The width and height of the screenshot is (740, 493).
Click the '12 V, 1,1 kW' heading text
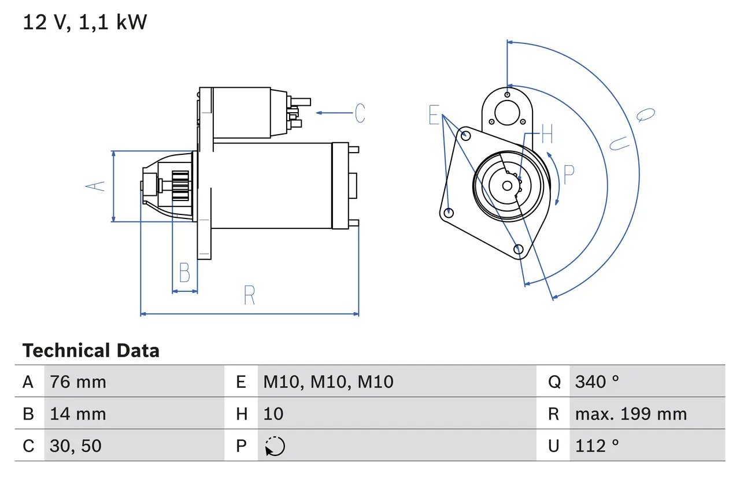coord(85,23)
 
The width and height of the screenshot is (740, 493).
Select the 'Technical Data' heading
coord(91,351)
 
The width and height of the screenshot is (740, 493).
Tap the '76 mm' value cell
coord(78,381)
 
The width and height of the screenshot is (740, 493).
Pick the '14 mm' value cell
coord(78,414)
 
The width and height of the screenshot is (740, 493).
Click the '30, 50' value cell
coord(76,446)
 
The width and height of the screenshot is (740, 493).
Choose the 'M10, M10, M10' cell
coord(328,381)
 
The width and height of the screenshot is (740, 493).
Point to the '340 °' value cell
coord(597,381)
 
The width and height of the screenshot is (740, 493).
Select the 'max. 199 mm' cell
coord(631,414)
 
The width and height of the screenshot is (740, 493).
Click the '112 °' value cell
coord(597,446)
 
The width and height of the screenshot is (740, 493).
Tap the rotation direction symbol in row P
coord(275,446)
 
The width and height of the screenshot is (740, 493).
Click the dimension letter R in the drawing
coord(249,295)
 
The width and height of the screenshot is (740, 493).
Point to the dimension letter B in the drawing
coord(184,272)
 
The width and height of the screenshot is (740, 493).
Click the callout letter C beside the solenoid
coord(360,113)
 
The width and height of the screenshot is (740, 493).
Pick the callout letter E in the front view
coord(434,116)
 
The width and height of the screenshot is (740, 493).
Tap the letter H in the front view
coord(547,135)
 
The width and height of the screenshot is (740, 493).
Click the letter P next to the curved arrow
coord(569,175)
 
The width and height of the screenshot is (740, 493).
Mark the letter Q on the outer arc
coord(646,114)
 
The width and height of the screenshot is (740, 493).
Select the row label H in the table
coord(241,414)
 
